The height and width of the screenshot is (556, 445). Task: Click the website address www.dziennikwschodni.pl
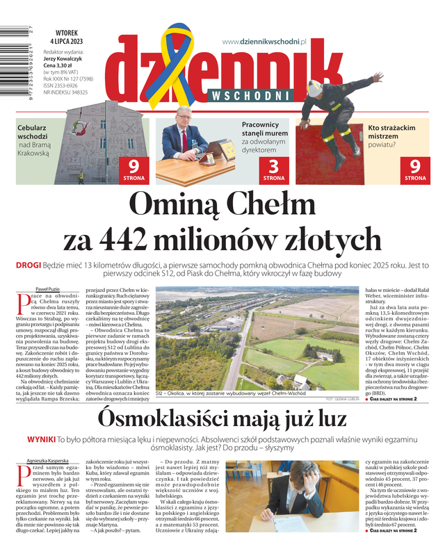tap(264, 42)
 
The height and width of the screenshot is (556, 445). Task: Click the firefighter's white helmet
tap(315, 88)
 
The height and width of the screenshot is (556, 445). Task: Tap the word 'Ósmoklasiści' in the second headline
tap(162, 419)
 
